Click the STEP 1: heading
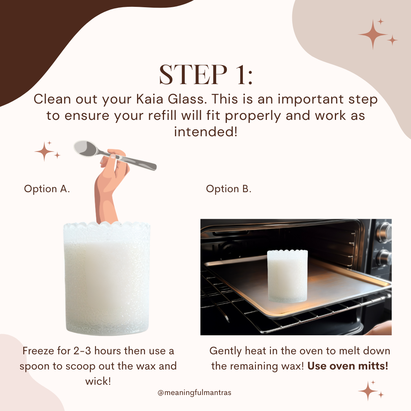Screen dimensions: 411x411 pos(205,75)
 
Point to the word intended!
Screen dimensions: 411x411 pos(205,132)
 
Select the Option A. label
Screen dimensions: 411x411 pos(47,189)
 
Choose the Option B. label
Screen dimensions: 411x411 pos(229,189)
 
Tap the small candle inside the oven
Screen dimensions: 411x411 pos(287,276)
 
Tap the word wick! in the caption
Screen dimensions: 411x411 pos(98,381)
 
